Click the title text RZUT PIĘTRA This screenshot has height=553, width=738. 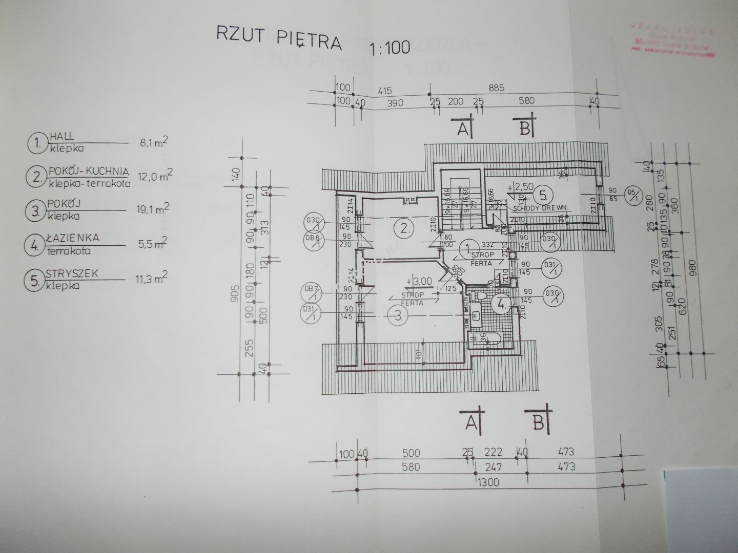click(x=279, y=38)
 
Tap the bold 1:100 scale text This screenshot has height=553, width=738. click(x=389, y=48)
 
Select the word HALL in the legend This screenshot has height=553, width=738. click(x=61, y=137)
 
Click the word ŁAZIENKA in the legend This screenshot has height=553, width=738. click(x=72, y=239)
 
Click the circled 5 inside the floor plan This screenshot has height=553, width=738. click(x=541, y=195)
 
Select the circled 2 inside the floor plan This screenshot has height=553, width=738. click(x=406, y=229)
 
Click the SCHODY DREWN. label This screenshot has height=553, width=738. click(x=536, y=209)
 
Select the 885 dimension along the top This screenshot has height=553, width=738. click(x=496, y=88)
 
